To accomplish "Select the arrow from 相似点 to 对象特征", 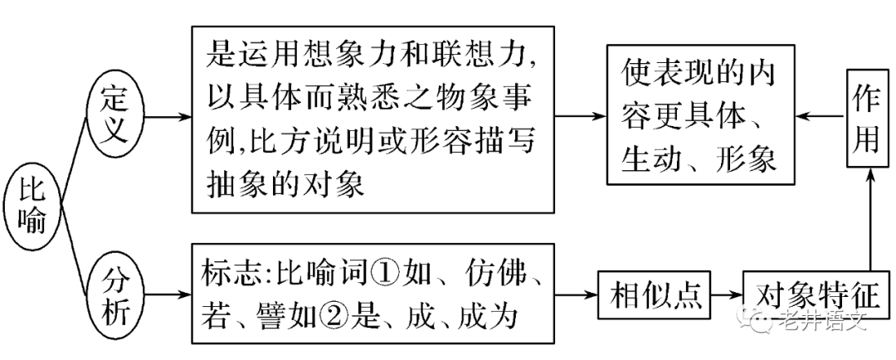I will point(727,294).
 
